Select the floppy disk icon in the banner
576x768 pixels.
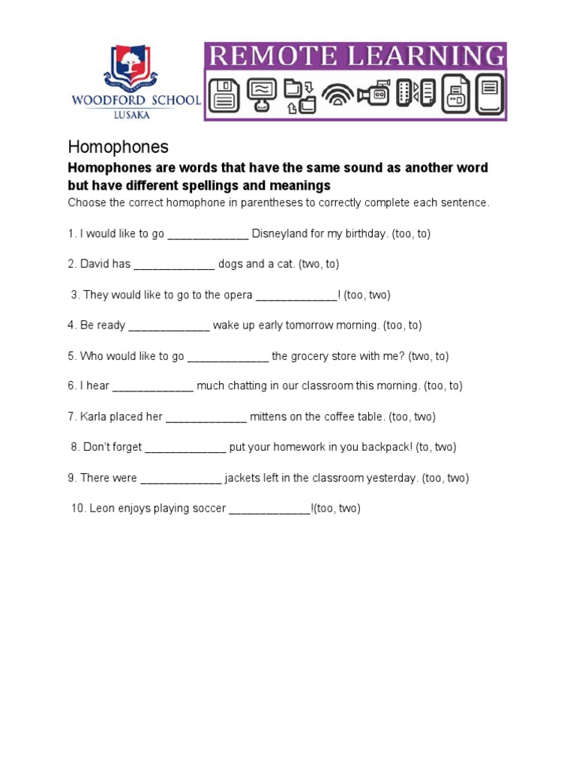(x=223, y=94)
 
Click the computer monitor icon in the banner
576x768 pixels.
(x=262, y=94)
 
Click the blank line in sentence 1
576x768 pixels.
(x=208, y=234)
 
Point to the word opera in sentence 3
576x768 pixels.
(x=238, y=295)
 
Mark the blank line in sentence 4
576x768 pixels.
(x=169, y=325)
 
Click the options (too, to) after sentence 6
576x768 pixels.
(x=443, y=386)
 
